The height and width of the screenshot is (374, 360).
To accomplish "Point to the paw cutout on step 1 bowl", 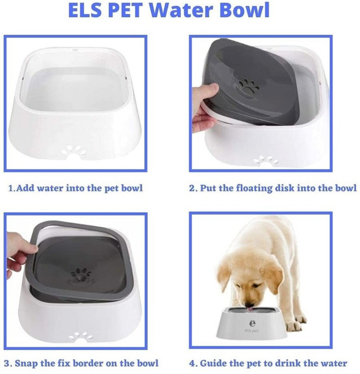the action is click(x=74, y=150).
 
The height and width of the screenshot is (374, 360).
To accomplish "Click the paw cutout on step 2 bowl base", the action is click(x=266, y=160).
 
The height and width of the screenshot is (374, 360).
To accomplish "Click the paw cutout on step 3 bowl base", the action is click(x=81, y=336).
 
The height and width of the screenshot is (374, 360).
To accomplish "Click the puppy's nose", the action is click(x=249, y=305).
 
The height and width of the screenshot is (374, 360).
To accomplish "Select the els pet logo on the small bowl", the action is click(x=252, y=326).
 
